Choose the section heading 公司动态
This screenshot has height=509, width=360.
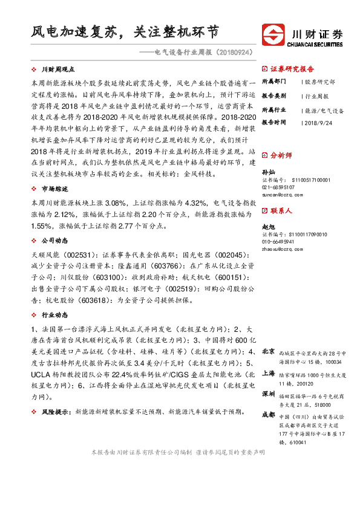pyautogui.click(x=54, y=241)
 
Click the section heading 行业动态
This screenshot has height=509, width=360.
pyautogui.click(x=54, y=315)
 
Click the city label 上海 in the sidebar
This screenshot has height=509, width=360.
pyautogui.click(x=269, y=373)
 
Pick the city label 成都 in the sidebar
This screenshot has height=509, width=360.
pyautogui.click(x=269, y=414)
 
